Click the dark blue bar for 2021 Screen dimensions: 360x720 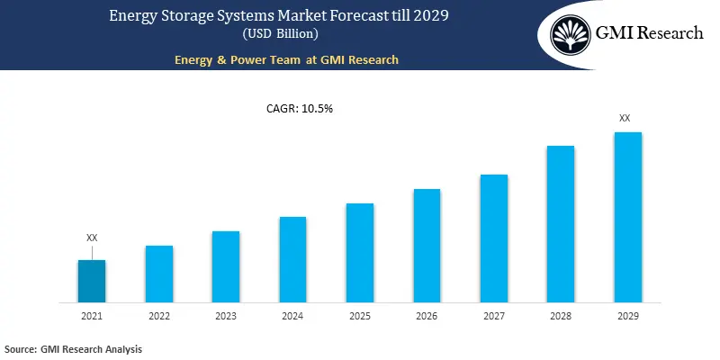[x=91, y=281]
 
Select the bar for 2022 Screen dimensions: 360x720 [x=158, y=274]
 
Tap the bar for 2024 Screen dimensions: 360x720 [x=292, y=259]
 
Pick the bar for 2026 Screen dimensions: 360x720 [x=427, y=245]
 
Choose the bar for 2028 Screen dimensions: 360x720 [x=561, y=223]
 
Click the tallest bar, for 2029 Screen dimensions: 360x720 [x=627, y=217]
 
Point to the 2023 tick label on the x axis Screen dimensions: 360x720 [x=226, y=317]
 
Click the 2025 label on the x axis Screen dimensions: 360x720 [x=360, y=317]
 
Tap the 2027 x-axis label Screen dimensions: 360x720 [x=494, y=317]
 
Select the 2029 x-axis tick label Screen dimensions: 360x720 [x=627, y=317]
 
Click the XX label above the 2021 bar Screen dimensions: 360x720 [x=92, y=238]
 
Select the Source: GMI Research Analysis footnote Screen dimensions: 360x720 [x=74, y=348]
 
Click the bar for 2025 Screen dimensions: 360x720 [x=360, y=252]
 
